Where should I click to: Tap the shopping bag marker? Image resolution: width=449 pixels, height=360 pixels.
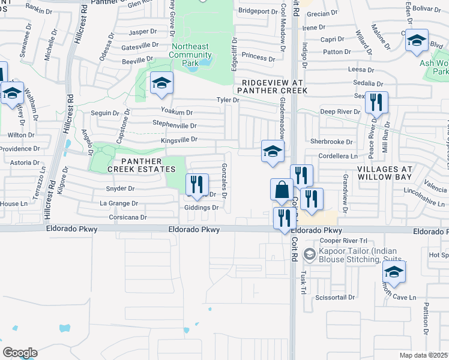click(x=282, y=190)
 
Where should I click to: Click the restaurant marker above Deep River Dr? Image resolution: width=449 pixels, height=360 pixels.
click(x=376, y=103)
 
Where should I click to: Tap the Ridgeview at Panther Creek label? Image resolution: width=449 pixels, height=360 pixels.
click(x=272, y=86)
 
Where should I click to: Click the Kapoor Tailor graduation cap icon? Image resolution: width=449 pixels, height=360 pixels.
click(x=309, y=254)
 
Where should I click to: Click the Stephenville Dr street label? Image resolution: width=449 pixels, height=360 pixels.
click(x=175, y=126)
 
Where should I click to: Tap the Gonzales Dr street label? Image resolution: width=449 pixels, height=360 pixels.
click(x=224, y=181)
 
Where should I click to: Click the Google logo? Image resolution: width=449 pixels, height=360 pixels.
click(x=19, y=353)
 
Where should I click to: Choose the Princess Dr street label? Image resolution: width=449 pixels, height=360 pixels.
click(x=258, y=58)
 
